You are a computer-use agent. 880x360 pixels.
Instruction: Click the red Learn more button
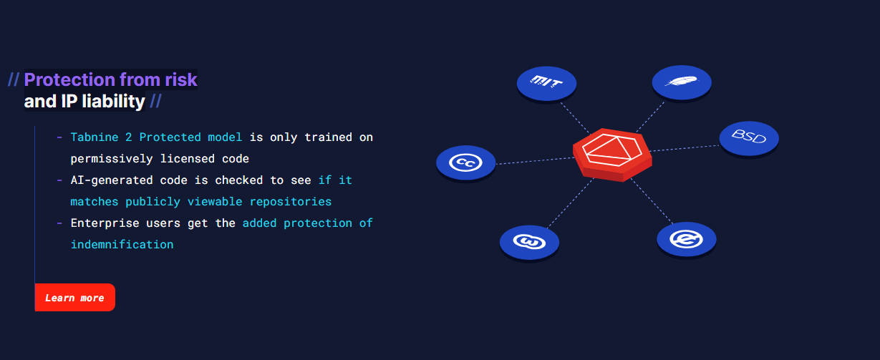click(x=75, y=297)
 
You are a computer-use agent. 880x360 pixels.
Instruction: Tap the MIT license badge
click(x=546, y=83)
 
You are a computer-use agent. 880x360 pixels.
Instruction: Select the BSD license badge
click(x=749, y=138)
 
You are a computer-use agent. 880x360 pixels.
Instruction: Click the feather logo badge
click(x=682, y=82)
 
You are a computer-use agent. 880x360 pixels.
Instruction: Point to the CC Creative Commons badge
click(x=466, y=163)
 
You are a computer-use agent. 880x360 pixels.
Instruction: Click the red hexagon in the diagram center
click(x=612, y=155)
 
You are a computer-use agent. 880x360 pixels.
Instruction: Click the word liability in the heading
click(x=114, y=102)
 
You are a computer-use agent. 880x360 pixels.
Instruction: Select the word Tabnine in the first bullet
click(x=95, y=137)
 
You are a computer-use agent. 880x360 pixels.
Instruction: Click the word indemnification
click(x=122, y=245)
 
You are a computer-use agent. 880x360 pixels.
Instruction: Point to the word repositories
click(x=290, y=202)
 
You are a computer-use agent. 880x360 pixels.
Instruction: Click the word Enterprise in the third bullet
click(x=105, y=223)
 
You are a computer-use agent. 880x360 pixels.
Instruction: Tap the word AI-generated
click(x=112, y=180)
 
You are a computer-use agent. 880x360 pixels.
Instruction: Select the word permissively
click(x=112, y=159)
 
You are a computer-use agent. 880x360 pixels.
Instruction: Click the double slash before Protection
click(x=14, y=79)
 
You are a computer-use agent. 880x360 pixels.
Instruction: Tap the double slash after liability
click(x=155, y=102)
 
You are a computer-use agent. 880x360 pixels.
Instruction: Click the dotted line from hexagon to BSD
click(x=685, y=148)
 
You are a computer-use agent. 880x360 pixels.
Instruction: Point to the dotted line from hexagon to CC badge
click(x=535, y=161)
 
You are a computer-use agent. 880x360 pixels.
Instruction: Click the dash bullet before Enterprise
click(x=59, y=223)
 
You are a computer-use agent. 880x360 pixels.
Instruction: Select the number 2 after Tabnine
click(x=128, y=137)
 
